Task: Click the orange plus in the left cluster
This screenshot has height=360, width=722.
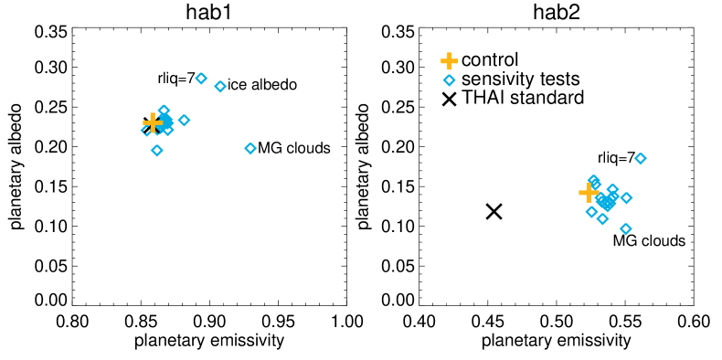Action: click(153, 122)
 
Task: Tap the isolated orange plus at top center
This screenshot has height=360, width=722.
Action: click(449, 61)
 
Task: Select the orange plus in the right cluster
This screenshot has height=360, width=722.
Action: click(589, 193)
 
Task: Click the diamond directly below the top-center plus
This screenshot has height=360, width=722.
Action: click(449, 80)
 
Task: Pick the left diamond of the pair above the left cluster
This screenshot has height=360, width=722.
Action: click(201, 79)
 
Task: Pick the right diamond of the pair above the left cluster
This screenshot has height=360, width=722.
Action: click(220, 87)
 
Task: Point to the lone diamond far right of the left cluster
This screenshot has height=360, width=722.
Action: click(250, 149)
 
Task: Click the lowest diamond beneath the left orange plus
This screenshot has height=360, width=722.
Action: click(157, 151)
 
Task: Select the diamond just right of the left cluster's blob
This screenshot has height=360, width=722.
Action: click(184, 121)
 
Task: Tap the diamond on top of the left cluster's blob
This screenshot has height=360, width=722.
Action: click(164, 111)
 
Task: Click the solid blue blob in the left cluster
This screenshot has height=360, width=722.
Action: click(166, 122)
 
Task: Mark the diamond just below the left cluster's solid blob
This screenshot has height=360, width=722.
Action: click(168, 131)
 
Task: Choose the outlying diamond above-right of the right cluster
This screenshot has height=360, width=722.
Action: click(641, 159)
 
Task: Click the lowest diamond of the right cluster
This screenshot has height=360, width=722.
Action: click(626, 229)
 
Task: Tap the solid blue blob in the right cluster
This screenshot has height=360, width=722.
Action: click(607, 202)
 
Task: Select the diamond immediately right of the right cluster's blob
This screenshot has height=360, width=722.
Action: click(626, 198)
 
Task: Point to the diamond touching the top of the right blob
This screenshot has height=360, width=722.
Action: click(613, 190)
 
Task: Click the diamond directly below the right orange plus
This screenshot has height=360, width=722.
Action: click(591, 212)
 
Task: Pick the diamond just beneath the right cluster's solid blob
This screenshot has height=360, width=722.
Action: click(602, 219)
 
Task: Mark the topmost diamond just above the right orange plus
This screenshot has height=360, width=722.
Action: click(594, 180)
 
